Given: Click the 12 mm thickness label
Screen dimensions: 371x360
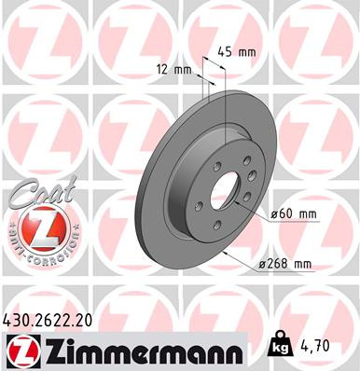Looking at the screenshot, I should click(x=172, y=68).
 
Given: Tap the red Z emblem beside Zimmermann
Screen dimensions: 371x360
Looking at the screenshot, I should click(x=21, y=350).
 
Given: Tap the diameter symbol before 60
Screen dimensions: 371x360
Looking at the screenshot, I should click(x=275, y=213).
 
